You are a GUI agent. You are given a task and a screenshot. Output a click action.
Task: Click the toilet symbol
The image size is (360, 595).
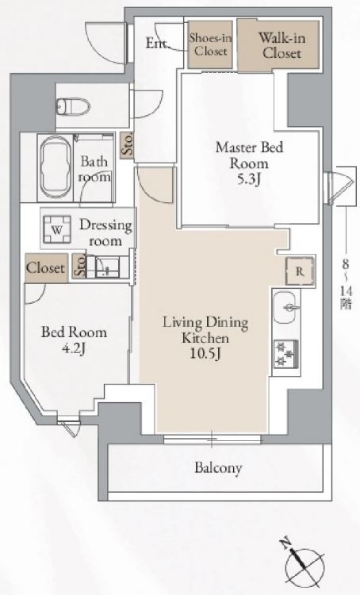(73, 106)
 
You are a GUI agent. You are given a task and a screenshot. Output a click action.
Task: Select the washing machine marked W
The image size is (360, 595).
(57, 229)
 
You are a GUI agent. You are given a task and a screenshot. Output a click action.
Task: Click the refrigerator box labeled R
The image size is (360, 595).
(300, 271)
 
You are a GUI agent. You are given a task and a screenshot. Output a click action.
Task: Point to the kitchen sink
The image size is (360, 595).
(286, 307)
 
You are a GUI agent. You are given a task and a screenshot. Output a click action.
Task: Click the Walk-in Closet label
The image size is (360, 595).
(281, 45)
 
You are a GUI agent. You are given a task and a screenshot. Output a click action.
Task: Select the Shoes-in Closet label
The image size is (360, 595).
(210, 44)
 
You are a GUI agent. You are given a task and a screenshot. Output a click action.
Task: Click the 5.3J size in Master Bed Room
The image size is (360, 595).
(249, 179)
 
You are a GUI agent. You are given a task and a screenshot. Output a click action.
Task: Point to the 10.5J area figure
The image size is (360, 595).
(205, 354)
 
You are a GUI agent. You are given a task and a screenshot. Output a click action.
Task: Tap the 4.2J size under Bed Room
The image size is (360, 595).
(74, 348)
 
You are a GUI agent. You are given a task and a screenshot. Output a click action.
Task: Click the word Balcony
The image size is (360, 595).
(218, 468)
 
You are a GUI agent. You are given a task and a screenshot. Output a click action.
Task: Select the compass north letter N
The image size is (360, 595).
(285, 543)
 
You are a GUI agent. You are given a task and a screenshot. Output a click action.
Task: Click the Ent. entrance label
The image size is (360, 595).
(157, 44)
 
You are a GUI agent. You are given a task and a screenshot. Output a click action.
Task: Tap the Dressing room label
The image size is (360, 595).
(105, 232)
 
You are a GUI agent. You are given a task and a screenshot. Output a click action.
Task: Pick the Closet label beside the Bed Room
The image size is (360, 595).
(45, 268)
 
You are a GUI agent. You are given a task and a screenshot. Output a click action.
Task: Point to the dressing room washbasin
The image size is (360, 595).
(106, 267)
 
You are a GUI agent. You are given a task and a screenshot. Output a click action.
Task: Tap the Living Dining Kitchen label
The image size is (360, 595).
(205, 330)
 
